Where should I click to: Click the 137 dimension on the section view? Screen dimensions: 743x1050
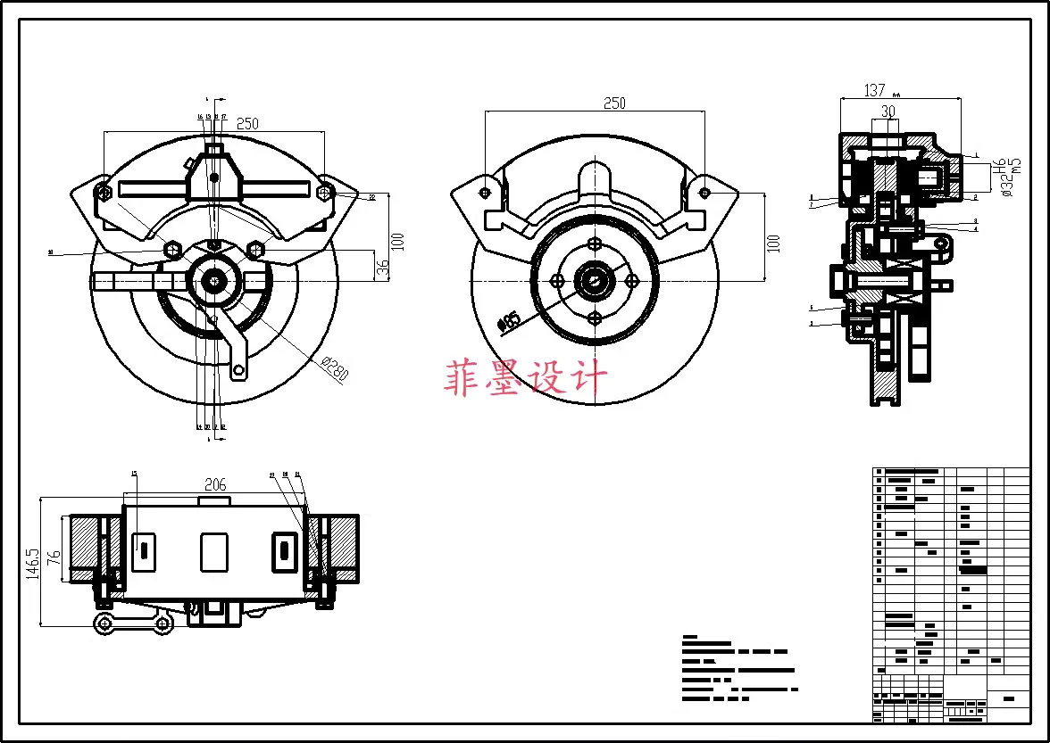coord(874,90)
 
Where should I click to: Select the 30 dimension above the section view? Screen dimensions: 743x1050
coord(887,111)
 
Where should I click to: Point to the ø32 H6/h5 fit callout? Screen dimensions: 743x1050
coord(1006,176)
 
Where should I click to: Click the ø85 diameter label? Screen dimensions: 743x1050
coord(510,320)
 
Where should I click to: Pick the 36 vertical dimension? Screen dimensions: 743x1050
coord(383,268)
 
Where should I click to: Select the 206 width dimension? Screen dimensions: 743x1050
coord(215,485)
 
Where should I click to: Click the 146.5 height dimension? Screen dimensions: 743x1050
coord(32,564)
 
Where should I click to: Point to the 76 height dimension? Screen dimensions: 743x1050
coord(54,557)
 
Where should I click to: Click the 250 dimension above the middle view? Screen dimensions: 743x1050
coord(614,103)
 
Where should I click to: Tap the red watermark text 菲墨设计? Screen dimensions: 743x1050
coord(526,378)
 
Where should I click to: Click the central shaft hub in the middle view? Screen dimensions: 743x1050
coord(595,281)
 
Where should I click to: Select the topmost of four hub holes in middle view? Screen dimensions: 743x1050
coord(595,244)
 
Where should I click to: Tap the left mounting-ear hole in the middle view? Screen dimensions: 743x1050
coord(485,192)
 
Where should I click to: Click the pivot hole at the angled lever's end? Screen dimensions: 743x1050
coord(238,369)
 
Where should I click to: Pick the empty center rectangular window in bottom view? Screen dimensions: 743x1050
coord(214,552)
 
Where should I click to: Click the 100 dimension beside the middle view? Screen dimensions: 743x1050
coord(773,243)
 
